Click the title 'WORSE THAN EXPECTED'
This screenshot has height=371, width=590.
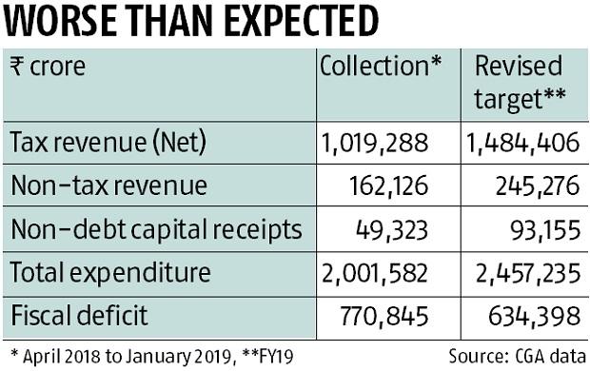point(189,21)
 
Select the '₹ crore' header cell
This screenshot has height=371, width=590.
point(49,67)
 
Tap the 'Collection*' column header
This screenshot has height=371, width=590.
point(381,67)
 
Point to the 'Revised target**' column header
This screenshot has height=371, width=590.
point(521,82)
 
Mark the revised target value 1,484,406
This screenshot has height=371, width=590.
point(522,144)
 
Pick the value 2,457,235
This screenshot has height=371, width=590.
point(522,274)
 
